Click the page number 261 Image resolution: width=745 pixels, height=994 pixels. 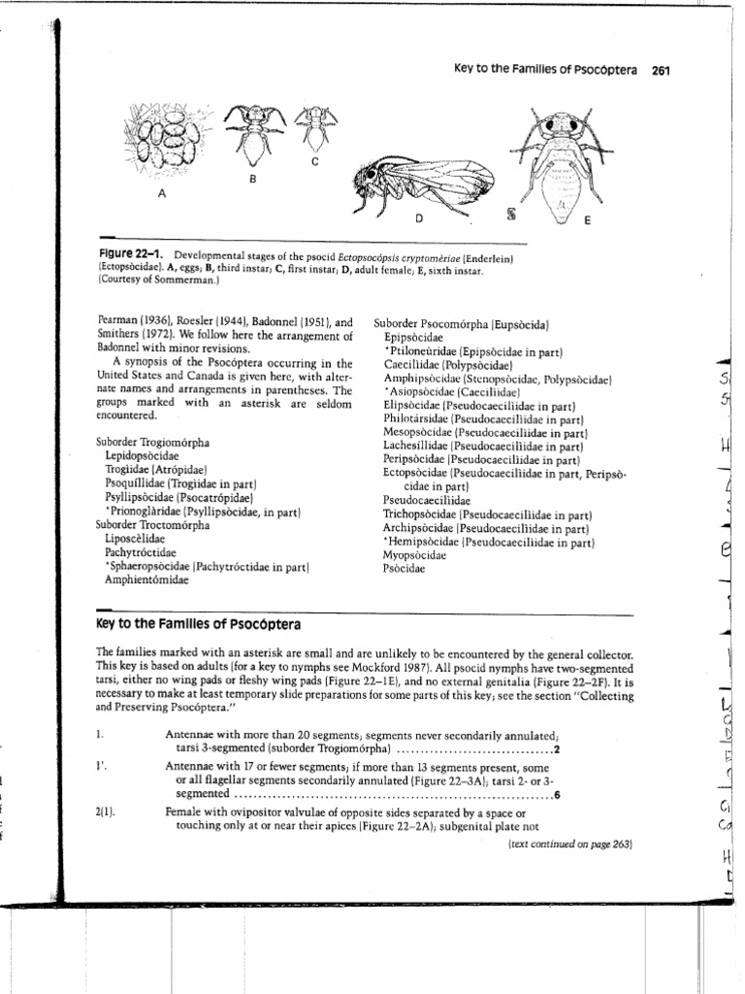(663, 70)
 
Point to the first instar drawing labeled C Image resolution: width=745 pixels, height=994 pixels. (315, 126)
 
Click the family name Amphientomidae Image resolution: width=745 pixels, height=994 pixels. (147, 580)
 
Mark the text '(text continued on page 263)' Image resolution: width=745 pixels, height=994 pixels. (569, 845)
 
